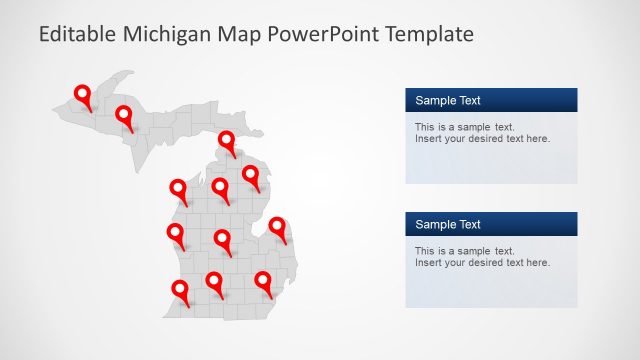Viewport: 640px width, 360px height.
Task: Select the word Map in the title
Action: click(248, 34)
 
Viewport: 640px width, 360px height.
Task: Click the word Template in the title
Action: click(433, 34)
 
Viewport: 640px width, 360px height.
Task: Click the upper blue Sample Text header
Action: click(491, 100)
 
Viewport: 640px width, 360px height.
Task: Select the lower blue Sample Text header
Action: click(491, 224)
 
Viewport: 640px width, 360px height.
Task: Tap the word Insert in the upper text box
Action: click(428, 139)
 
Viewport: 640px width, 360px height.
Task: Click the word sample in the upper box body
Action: click(470, 127)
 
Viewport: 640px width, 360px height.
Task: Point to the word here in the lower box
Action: click(537, 263)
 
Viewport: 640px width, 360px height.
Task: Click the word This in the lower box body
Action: click(425, 251)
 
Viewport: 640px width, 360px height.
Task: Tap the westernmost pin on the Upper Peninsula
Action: click(83, 95)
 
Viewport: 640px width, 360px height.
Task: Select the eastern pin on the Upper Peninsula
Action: click(124, 116)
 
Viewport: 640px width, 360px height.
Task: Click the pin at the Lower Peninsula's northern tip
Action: click(227, 141)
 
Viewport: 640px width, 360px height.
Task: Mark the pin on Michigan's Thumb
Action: click(277, 227)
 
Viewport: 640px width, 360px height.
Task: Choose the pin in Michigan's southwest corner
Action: click(180, 290)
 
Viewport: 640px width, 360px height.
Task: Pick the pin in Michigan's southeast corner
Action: click(263, 282)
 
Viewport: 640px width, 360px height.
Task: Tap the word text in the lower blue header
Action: click(469, 224)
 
